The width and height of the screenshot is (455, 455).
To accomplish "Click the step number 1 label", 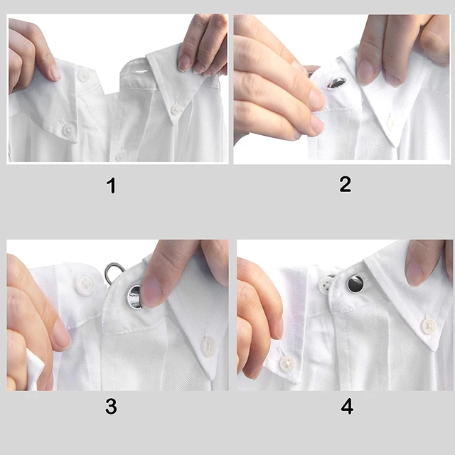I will tap(111, 186).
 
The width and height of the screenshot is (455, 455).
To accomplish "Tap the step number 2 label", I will tap(345, 185).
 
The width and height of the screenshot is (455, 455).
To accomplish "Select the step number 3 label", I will tap(111, 407).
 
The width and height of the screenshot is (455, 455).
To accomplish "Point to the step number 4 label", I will tap(346, 407).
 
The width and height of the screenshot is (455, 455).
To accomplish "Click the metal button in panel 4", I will tap(355, 284).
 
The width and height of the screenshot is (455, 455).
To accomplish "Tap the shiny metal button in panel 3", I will tap(133, 296).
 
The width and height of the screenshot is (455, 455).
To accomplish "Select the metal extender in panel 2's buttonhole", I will tap(336, 83).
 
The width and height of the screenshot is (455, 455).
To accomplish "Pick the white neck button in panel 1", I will tap(83, 75).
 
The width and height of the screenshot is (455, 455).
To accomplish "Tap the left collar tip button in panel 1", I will tap(66, 130).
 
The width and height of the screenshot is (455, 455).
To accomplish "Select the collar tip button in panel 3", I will tap(208, 346).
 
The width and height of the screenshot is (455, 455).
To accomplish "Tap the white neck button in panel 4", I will tap(326, 285).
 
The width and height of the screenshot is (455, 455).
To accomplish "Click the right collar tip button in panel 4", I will tap(428, 326).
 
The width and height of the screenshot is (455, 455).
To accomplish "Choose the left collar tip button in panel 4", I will tap(286, 364).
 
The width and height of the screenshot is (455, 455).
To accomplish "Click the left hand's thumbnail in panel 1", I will tap(53, 72).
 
